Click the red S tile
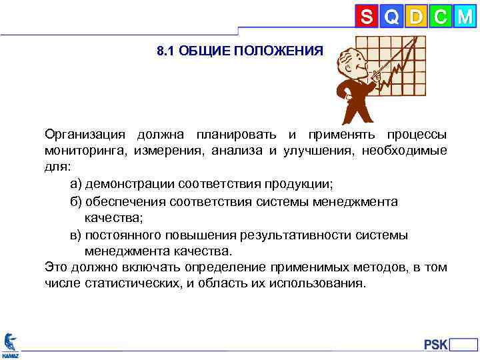367,17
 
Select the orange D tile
416,17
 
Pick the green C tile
439,17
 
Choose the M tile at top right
464,17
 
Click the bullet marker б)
77,201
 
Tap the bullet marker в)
77,235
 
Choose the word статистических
131,283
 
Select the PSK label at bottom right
436,344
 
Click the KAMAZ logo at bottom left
10,343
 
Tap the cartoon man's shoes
353,122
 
